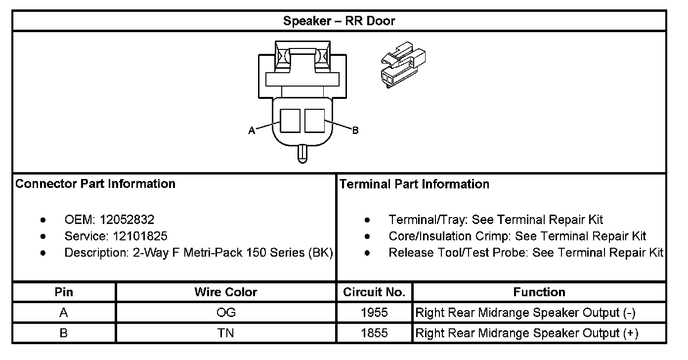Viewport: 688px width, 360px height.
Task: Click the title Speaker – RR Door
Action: point(339,21)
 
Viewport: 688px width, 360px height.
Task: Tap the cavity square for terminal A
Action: point(290,120)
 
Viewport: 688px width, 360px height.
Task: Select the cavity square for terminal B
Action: point(314,120)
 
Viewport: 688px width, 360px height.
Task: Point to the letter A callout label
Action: point(252,131)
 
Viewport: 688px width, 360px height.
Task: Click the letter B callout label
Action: point(355,131)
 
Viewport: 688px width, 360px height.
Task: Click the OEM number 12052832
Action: point(127,220)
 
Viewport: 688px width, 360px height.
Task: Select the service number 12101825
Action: point(136,236)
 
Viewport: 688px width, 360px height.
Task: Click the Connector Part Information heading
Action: point(95,184)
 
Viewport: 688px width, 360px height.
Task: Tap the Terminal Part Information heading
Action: point(414,184)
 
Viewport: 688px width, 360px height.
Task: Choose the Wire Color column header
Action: point(226,292)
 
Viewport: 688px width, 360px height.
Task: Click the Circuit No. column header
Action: point(374,292)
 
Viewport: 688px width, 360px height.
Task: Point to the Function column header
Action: point(539,292)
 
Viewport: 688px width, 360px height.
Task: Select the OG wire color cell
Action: point(226,313)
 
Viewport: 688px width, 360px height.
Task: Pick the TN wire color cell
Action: point(226,333)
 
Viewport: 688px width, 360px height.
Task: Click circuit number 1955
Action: point(374,313)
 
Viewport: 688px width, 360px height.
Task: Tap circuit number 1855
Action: point(374,333)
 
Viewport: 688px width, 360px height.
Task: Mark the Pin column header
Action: point(64,292)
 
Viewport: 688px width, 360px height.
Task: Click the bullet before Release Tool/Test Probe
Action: point(367,253)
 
